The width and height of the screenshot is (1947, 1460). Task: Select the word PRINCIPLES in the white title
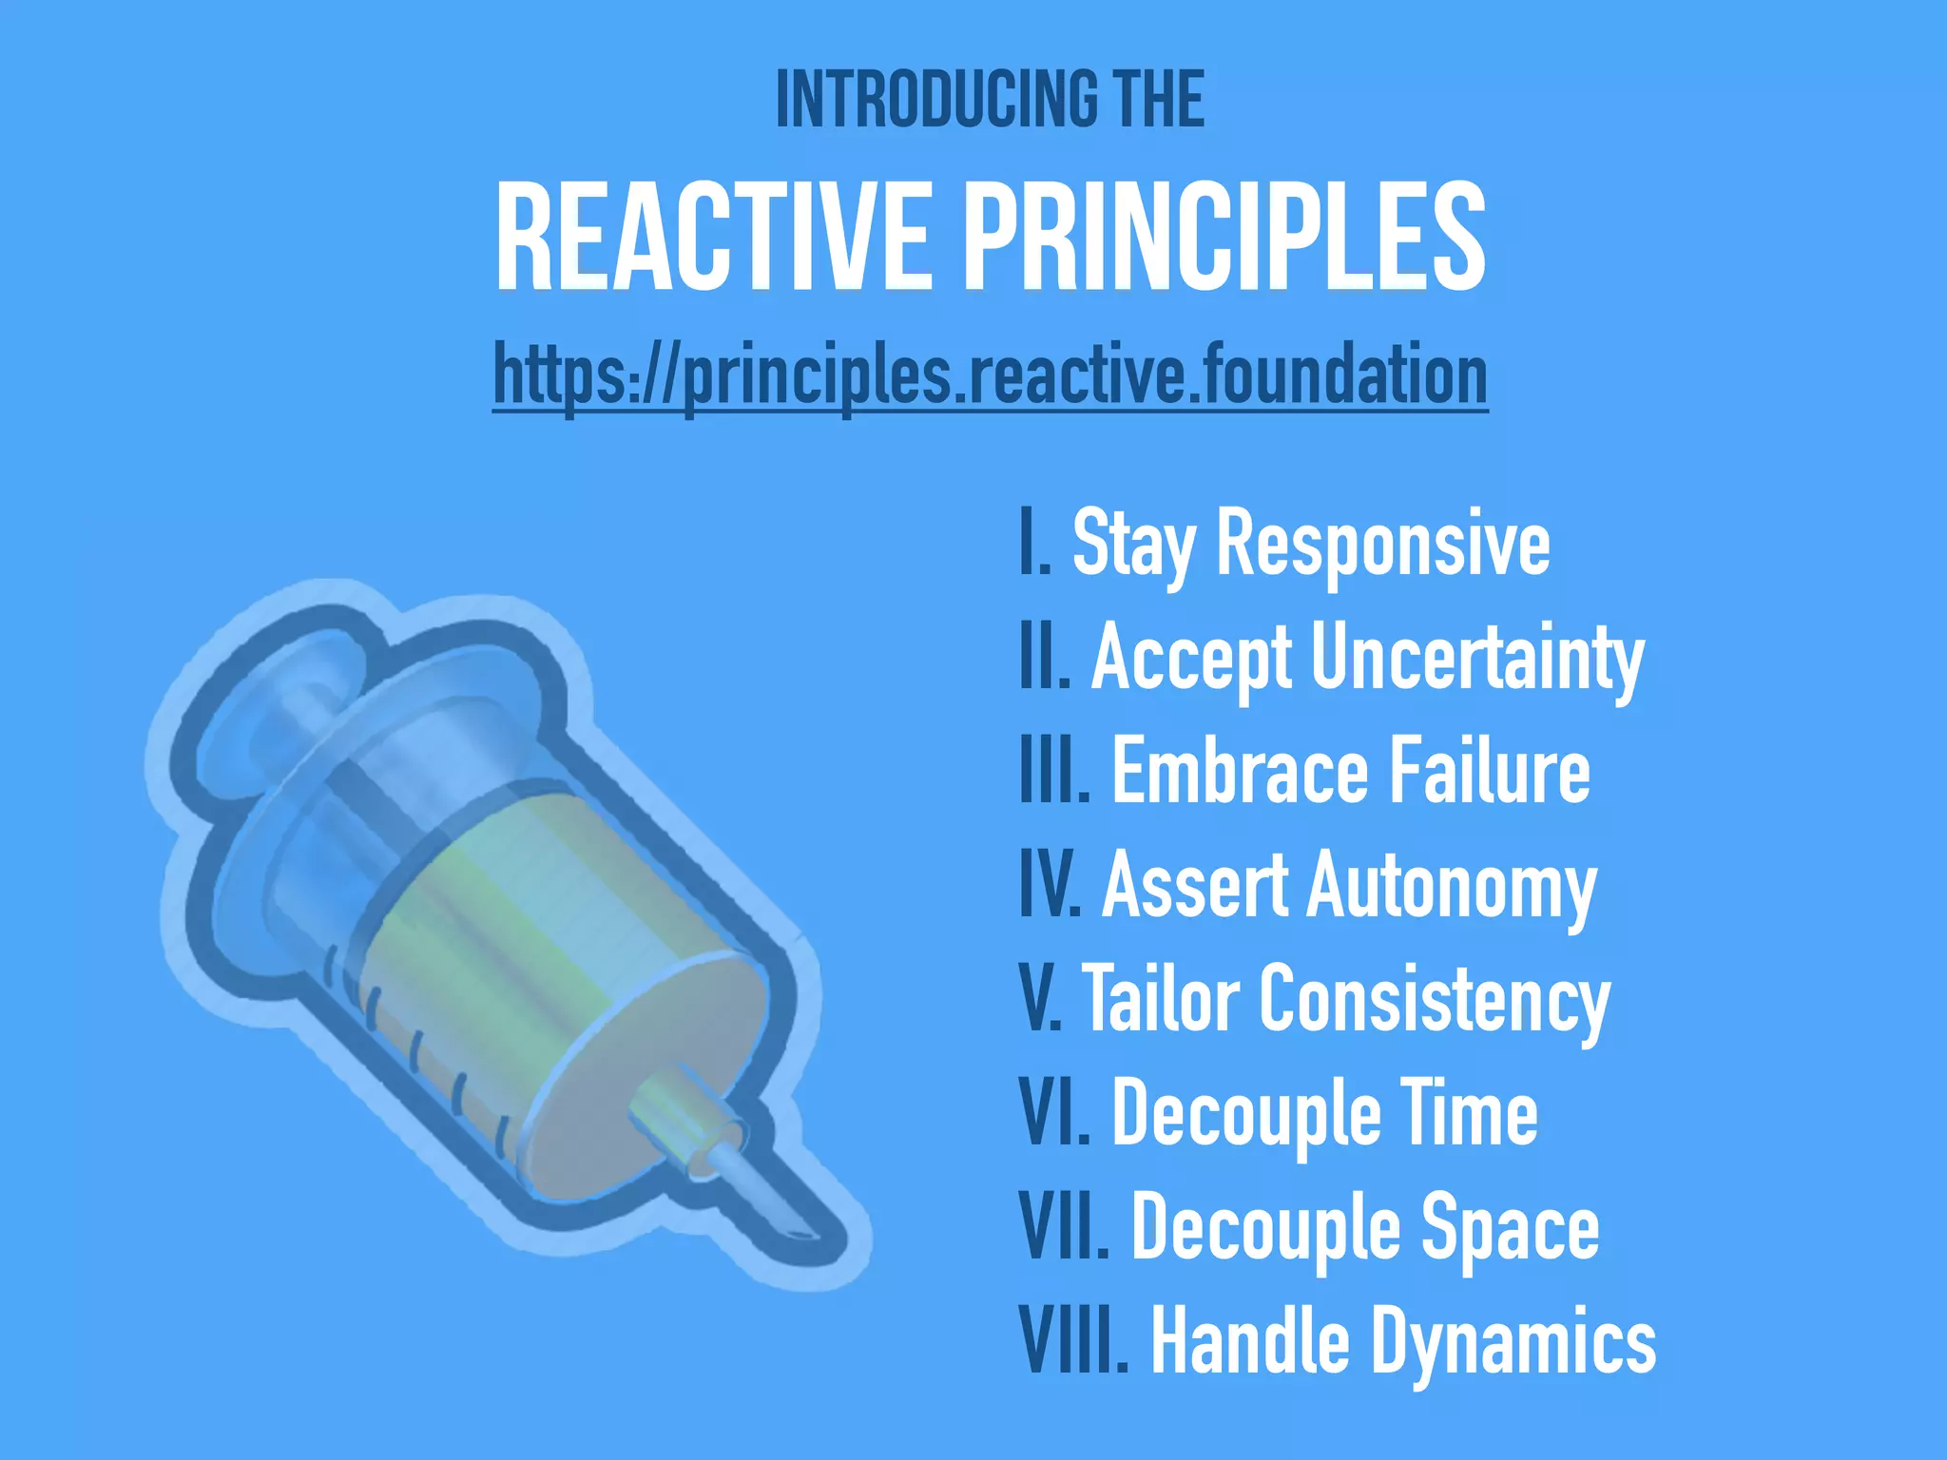1226,238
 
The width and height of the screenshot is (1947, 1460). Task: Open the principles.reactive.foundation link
990,376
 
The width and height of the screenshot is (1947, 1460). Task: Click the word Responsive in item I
1383,544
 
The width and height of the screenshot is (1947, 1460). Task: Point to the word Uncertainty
1477,659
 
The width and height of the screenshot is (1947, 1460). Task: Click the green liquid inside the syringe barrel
532,912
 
